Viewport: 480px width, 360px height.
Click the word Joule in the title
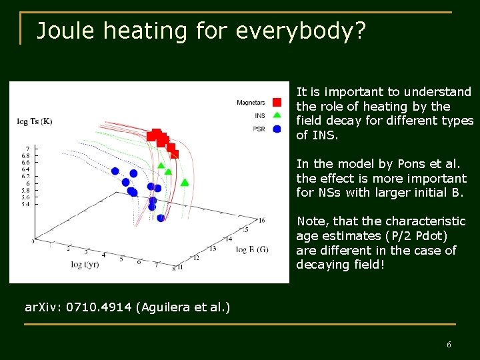[x=65, y=31]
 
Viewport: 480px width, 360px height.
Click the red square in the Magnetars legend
[x=277, y=102]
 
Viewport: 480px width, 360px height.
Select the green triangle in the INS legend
[x=277, y=115]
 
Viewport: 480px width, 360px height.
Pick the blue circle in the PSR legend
[x=277, y=129]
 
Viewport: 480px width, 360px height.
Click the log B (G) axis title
[x=252, y=249]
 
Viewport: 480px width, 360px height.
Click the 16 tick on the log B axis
[x=261, y=221]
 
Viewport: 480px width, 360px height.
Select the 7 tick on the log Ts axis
[x=27, y=148]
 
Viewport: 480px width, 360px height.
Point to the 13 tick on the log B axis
[x=212, y=249]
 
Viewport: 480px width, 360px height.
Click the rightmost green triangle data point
[x=185, y=181]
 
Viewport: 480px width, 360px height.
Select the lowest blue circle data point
[x=161, y=218]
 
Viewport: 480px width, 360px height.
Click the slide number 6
[x=449, y=345]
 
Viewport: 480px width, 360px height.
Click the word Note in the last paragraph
[x=311, y=221]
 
